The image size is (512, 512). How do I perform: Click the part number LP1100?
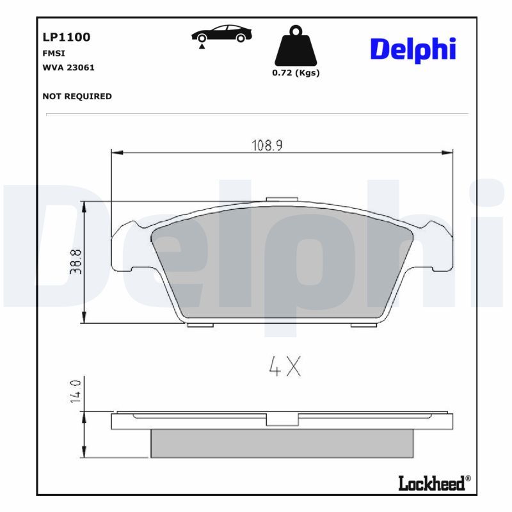(66, 37)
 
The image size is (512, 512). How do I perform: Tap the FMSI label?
(54, 54)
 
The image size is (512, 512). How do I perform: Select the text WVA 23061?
(68, 67)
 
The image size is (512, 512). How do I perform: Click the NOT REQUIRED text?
(77, 96)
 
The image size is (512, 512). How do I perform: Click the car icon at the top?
(222, 35)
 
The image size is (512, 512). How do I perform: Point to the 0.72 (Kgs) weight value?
(296, 73)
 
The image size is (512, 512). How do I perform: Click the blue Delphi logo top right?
(413, 49)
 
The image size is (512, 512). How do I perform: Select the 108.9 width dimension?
(266, 145)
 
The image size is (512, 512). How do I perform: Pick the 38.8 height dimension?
(76, 262)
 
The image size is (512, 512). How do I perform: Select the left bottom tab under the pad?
(200, 324)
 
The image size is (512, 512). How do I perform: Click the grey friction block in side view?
(282, 443)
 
